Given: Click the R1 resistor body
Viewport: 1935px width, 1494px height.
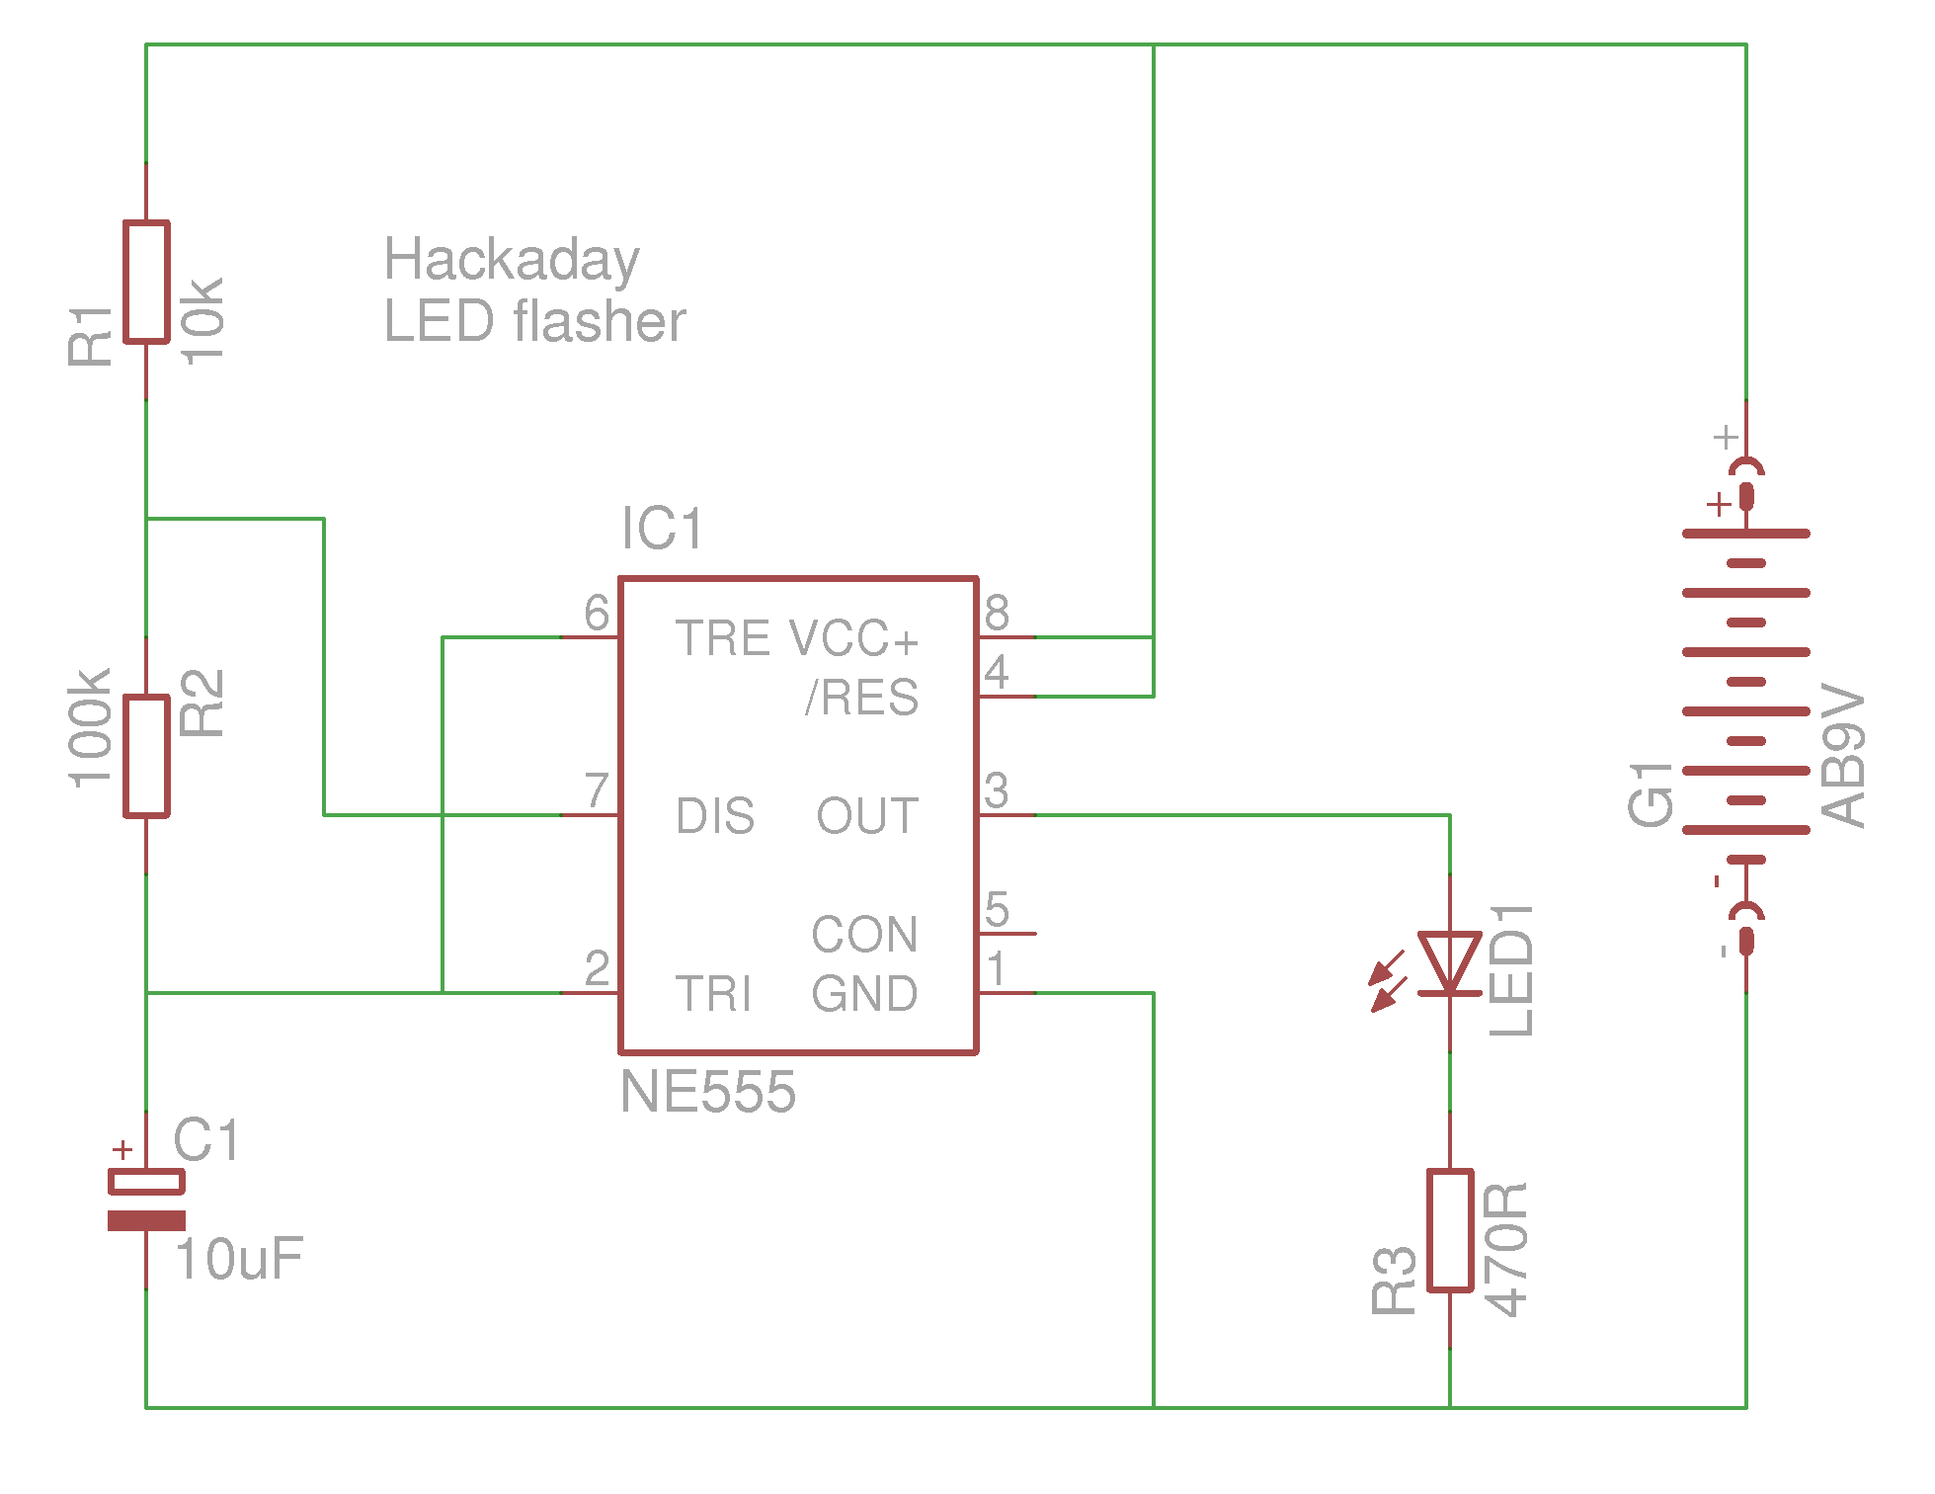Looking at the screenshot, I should pyautogui.click(x=146, y=282).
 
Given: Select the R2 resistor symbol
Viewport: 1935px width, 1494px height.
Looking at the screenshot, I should pyautogui.click(x=146, y=756).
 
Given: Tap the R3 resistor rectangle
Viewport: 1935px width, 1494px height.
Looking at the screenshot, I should pyautogui.click(x=1450, y=1230).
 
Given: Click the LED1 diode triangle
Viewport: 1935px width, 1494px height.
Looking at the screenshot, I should pyautogui.click(x=1449, y=961).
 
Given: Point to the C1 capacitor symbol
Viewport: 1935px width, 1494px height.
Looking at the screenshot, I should pyautogui.click(x=146, y=1201).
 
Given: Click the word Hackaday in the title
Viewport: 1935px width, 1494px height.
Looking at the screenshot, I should pyautogui.click(x=512, y=260).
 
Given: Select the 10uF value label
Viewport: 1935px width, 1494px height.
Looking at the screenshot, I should pyautogui.click(x=239, y=1260).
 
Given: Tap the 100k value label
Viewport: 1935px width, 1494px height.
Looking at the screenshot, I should pyautogui.click(x=90, y=728).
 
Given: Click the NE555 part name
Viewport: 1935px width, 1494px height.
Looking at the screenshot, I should pyautogui.click(x=707, y=1092).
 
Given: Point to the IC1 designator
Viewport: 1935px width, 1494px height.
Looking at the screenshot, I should pyautogui.click(x=662, y=529).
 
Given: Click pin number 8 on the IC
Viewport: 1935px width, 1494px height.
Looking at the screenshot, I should pyautogui.click(x=997, y=614).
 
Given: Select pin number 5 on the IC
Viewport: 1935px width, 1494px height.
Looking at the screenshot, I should pyautogui.click(x=997, y=910).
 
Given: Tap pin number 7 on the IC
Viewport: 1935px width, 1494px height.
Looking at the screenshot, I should pyautogui.click(x=597, y=790).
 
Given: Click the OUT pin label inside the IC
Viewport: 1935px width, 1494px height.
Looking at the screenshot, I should pyautogui.click(x=867, y=816).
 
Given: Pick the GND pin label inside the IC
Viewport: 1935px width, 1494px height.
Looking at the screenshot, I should pyautogui.click(x=864, y=994).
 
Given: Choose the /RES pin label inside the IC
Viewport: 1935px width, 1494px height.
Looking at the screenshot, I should pyautogui.click(x=861, y=698).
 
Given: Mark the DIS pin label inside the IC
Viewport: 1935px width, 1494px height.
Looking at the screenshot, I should pyautogui.click(x=715, y=816).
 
